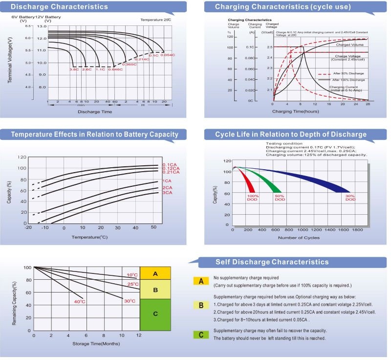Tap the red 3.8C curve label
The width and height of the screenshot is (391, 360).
(74, 69)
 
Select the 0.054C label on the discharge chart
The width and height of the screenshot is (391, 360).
(167, 55)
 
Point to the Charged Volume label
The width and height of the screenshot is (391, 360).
(349, 45)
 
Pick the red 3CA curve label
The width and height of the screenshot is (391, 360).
(167, 193)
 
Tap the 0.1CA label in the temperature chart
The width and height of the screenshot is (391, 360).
(169, 164)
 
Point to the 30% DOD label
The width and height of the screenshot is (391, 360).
(350, 198)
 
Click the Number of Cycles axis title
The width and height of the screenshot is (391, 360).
(299, 237)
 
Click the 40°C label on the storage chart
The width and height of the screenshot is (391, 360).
(80, 301)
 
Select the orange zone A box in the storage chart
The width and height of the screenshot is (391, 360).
(155, 273)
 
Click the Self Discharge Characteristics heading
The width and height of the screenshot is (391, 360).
(272, 262)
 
